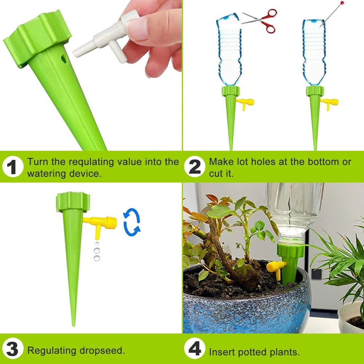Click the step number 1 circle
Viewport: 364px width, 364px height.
click(x=12, y=167)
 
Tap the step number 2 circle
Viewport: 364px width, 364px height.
click(x=195, y=167)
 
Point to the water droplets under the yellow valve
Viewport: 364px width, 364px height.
click(x=96, y=251)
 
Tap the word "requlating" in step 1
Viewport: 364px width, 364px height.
click(x=91, y=162)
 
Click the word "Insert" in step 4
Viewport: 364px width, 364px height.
click(x=222, y=352)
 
